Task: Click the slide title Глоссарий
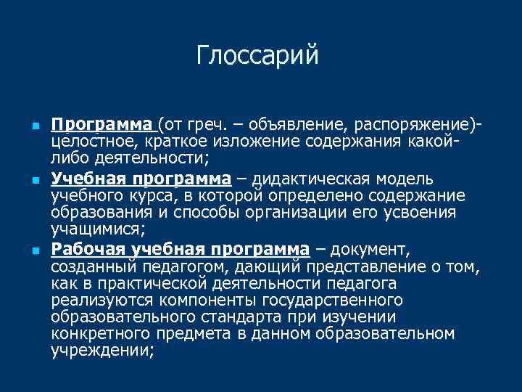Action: click(257, 56)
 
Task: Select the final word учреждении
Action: click(101, 351)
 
